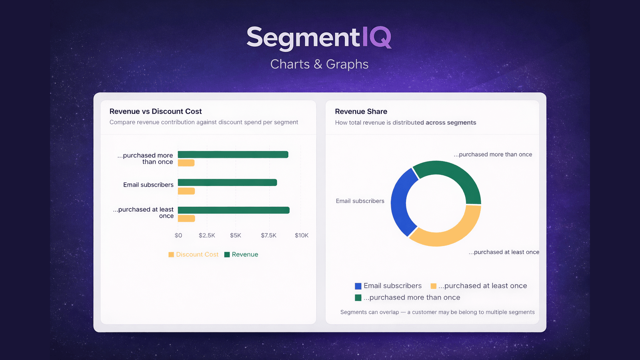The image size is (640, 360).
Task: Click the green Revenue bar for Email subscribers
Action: (227, 183)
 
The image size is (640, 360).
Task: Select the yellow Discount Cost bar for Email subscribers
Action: (186, 191)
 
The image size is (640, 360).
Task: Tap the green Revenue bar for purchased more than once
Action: (233, 155)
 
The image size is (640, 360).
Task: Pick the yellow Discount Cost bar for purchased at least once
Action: (186, 218)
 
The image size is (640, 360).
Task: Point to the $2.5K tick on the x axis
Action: (207, 236)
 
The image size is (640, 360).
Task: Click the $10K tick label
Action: (302, 236)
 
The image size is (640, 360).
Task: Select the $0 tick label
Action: (178, 236)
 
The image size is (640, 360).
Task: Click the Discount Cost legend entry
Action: (194, 254)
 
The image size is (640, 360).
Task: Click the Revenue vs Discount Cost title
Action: (156, 112)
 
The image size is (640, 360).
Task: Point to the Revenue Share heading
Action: (361, 112)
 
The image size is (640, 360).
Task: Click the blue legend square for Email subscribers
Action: (358, 286)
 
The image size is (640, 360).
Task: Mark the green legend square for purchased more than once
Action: (358, 298)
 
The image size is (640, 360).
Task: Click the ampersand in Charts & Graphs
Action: (318, 64)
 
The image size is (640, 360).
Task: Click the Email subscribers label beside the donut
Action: (360, 201)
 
